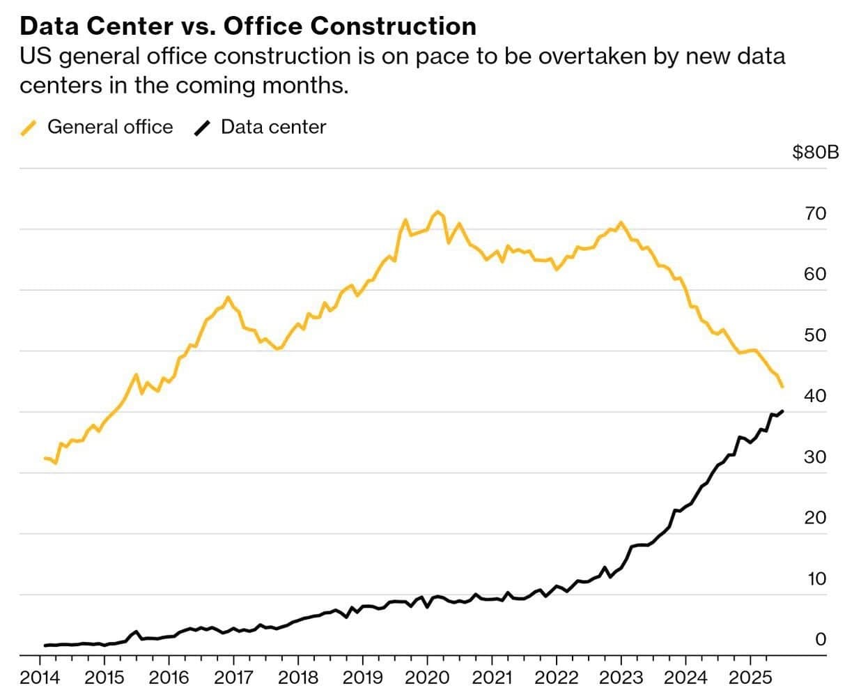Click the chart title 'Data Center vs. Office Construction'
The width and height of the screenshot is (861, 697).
click(x=248, y=26)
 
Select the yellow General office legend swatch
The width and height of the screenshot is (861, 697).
click(x=29, y=128)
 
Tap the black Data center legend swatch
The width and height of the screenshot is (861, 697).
click(x=203, y=128)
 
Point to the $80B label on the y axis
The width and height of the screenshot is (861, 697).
click(x=815, y=152)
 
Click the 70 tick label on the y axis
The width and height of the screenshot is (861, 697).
click(x=815, y=213)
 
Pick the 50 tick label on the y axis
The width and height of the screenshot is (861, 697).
click(x=815, y=335)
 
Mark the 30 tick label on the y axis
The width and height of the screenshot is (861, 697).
click(x=815, y=457)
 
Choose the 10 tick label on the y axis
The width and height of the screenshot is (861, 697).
click(x=815, y=579)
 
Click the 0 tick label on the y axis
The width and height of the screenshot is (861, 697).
click(x=820, y=640)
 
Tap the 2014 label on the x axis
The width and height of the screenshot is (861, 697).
click(x=40, y=677)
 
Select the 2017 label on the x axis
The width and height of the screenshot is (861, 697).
click(x=233, y=677)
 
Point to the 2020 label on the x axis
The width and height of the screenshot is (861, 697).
click(x=427, y=677)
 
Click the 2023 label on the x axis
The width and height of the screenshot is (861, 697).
click(x=621, y=677)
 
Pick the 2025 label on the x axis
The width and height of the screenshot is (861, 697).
click(x=750, y=677)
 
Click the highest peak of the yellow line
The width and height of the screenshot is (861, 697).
click(x=437, y=211)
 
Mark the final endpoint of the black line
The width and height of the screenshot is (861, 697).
click(x=783, y=411)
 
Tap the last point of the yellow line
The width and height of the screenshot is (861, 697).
click(x=783, y=387)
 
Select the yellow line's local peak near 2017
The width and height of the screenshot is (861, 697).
click(x=228, y=297)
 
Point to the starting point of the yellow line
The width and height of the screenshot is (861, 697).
click(x=45, y=458)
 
